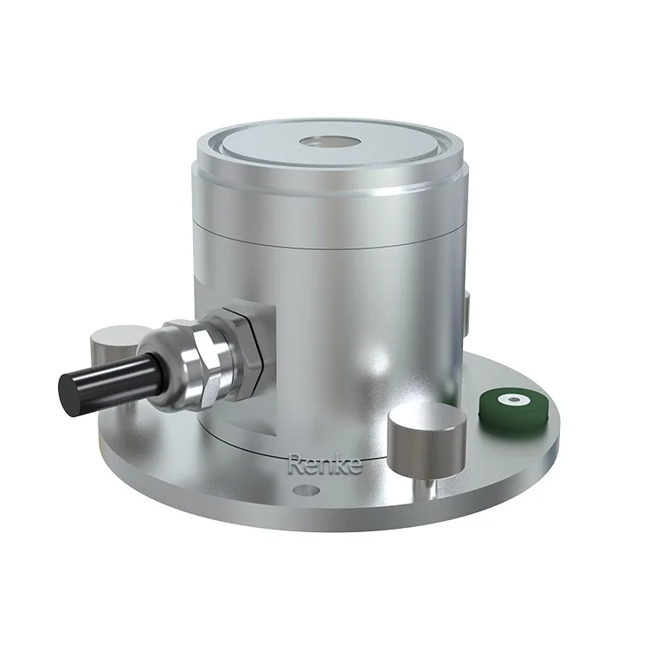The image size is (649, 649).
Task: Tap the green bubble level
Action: (x=514, y=402)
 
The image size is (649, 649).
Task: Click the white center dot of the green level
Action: (x=515, y=400)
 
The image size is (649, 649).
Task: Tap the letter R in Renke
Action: (x=295, y=466)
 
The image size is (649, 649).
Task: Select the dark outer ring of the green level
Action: (x=497, y=407)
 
